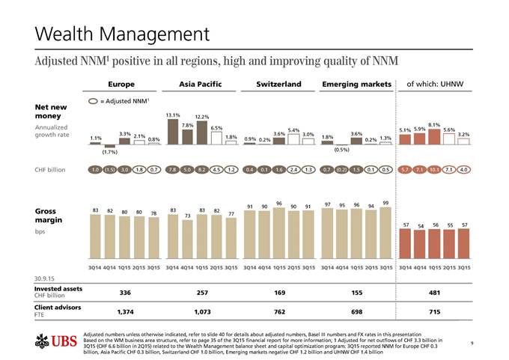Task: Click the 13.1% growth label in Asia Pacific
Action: click(x=173, y=115)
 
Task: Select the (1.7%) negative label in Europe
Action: click(x=110, y=152)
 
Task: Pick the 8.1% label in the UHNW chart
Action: click(x=433, y=124)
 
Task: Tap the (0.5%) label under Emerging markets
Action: click(x=341, y=149)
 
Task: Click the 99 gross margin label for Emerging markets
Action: click(x=385, y=203)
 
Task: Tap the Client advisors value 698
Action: click(x=354, y=310)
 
